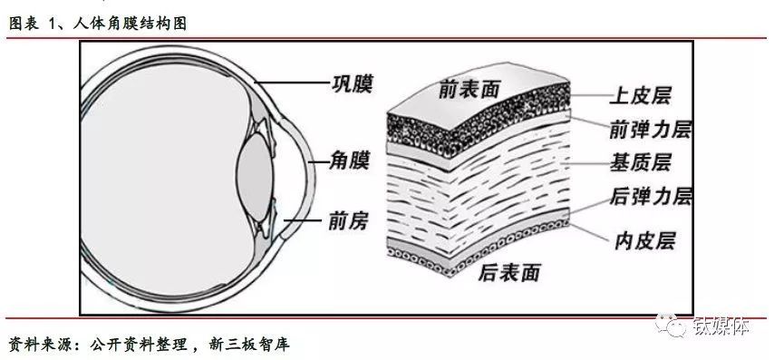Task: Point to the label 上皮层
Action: pyautogui.click(x=645, y=95)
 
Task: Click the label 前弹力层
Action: pyautogui.click(x=651, y=129)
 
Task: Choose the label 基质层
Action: pyautogui.click(x=641, y=163)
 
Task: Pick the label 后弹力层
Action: pyautogui.click(x=652, y=197)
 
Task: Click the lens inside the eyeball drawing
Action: pyautogui.click(x=255, y=170)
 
